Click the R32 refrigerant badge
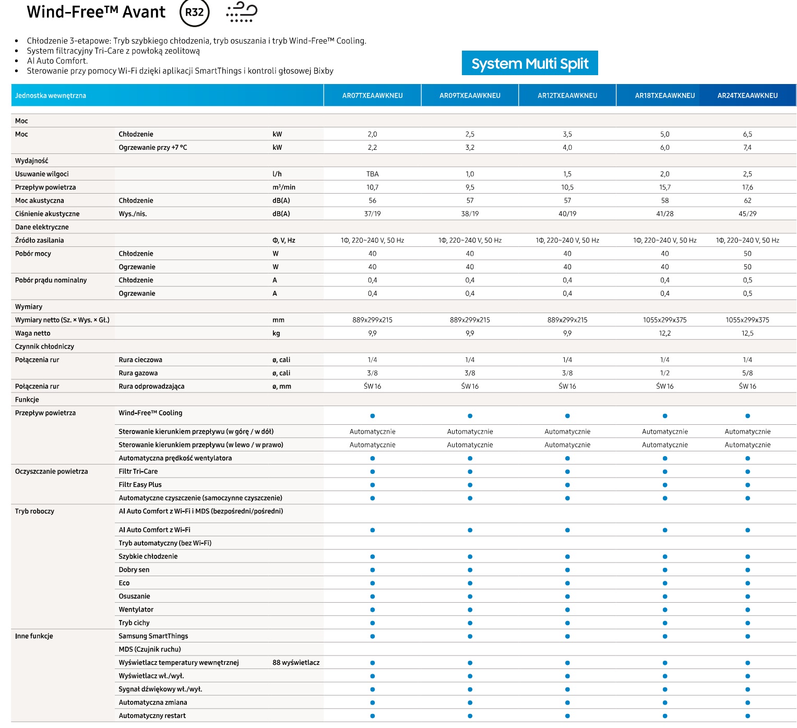(194, 13)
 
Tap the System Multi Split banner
(530, 63)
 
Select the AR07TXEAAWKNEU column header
(372, 96)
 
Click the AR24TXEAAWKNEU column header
(747, 96)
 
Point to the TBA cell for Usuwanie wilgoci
(372, 174)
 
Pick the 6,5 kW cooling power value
(747, 134)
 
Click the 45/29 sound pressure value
(747, 214)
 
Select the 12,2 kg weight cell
(665, 333)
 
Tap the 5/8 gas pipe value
(747, 373)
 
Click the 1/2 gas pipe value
(665, 373)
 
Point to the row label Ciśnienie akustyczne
(47, 214)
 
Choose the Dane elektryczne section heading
(42, 227)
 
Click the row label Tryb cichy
(134, 623)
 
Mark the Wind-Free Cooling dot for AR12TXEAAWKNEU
(567, 415)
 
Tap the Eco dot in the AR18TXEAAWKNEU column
(665, 583)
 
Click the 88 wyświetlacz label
(296, 662)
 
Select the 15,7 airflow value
(665, 187)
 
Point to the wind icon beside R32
(242, 12)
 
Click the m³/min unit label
(284, 187)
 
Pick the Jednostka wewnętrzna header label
(51, 96)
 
